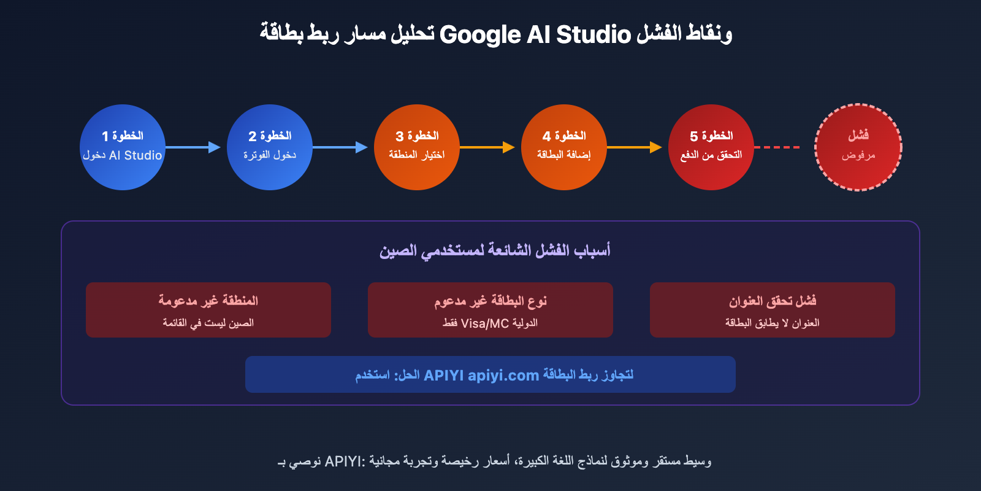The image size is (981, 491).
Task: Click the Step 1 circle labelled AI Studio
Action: (x=123, y=147)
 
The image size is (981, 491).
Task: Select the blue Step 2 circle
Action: (x=270, y=147)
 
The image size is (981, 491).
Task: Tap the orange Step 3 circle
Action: (x=417, y=147)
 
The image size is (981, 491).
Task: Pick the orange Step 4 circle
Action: (x=564, y=147)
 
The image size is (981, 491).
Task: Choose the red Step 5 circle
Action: (x=711, y=147)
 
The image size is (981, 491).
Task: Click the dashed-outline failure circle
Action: (x=858, y=147)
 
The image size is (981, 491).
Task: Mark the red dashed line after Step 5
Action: (x=777, y=147)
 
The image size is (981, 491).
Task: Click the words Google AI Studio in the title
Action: (x=535, y=34)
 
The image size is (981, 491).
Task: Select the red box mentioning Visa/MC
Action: (x=490, y=310)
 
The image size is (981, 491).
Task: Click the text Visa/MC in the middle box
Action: (x=484, y=323)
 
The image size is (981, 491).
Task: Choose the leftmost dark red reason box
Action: (x=208, y=310)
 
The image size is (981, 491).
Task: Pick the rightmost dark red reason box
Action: (x=773, y=310)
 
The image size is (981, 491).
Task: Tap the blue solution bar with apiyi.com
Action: (x=490, y=374)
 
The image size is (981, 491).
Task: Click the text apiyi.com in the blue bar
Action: (x=503, y=375)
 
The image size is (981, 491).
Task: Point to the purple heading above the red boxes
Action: (x=494, y=250)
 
